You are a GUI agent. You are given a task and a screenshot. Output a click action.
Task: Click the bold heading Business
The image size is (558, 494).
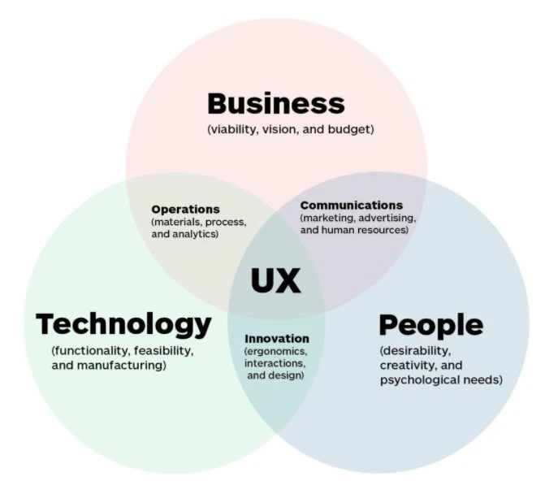pyautogui.click(x=275, y=104)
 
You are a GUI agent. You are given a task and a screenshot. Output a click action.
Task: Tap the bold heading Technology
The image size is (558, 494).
pyautogui.click(x=123, y=324)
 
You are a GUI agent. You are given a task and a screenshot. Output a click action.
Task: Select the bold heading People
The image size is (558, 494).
pyautogui.click(x=430, y=325)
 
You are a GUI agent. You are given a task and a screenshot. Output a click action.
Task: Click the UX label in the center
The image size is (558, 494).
pyautogui.click(x=275, y=281)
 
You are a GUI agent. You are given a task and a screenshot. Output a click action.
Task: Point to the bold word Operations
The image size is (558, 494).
pyautogui.click(x=185, y=209)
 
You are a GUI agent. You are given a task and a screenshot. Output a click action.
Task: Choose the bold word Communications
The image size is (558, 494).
pyautogui.click(x=351, y=206)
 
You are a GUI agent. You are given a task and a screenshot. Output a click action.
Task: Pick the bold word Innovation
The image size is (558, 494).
pyautogui.click(x=277, y=338)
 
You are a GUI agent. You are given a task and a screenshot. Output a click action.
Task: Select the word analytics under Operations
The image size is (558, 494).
pyautogui.click(x=197, y=234)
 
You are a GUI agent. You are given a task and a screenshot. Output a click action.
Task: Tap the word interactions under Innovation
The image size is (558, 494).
pyautogui.click(x=275, y=363)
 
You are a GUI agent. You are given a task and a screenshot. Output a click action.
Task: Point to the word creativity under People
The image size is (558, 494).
pyautogui.click(x=409, y=366)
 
